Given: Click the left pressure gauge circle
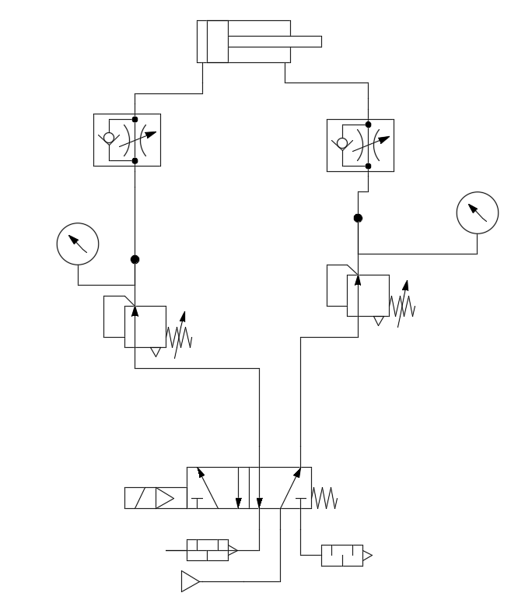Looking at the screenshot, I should [x=79, y=244].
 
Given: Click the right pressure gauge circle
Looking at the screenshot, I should [x=477, y=212].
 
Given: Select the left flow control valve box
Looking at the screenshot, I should [x=127, y=140].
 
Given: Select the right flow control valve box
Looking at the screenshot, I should [x=360, y=145].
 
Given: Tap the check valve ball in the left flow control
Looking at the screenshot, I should [x=109, y=139].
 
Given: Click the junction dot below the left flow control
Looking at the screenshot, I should [x=135, y=259].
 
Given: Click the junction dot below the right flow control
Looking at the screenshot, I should [x=358, y=218].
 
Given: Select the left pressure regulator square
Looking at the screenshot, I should [x=145, y=327].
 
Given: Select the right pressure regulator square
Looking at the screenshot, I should [x=368, y=296].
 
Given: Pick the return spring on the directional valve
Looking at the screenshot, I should [x=324, y=498].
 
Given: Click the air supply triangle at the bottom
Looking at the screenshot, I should [x=190, y=581].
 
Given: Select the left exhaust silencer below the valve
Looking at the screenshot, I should [x=207, y=550].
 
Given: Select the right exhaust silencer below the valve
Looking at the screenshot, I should [x=342, y=556].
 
